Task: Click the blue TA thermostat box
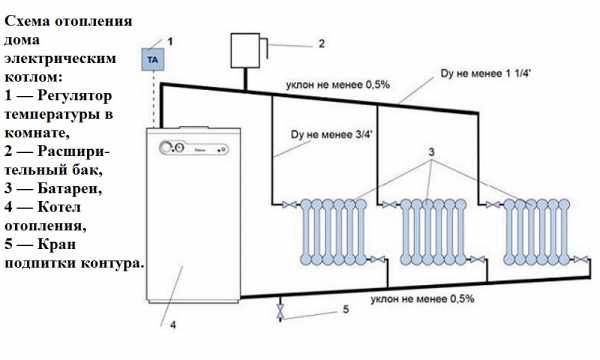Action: tap(153, 59)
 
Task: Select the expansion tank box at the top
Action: tap(245, 50)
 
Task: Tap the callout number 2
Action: tap(321, 44)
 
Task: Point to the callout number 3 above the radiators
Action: tap(431, 152)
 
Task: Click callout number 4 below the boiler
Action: tap(173, 325)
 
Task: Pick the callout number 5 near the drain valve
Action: tap(346, 309)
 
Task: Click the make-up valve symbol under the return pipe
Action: tap(280, 311)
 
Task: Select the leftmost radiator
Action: tap(334, 232)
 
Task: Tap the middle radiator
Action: tap(434, 232)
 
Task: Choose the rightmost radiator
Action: tap(536, 232)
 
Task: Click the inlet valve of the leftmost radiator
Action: tap(289, 205)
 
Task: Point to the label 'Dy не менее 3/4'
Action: tap(332, 135)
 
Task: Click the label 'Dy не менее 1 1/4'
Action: tap(486, 73)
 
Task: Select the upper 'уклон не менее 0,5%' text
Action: tap(338, 85)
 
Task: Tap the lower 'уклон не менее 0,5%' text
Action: tap(422, 299)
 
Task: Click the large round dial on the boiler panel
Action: tap(166, 148)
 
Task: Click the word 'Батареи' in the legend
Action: tap(70, 188)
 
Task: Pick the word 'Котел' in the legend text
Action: tap(59, 207)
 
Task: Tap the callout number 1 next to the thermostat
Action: tap(170, 41)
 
